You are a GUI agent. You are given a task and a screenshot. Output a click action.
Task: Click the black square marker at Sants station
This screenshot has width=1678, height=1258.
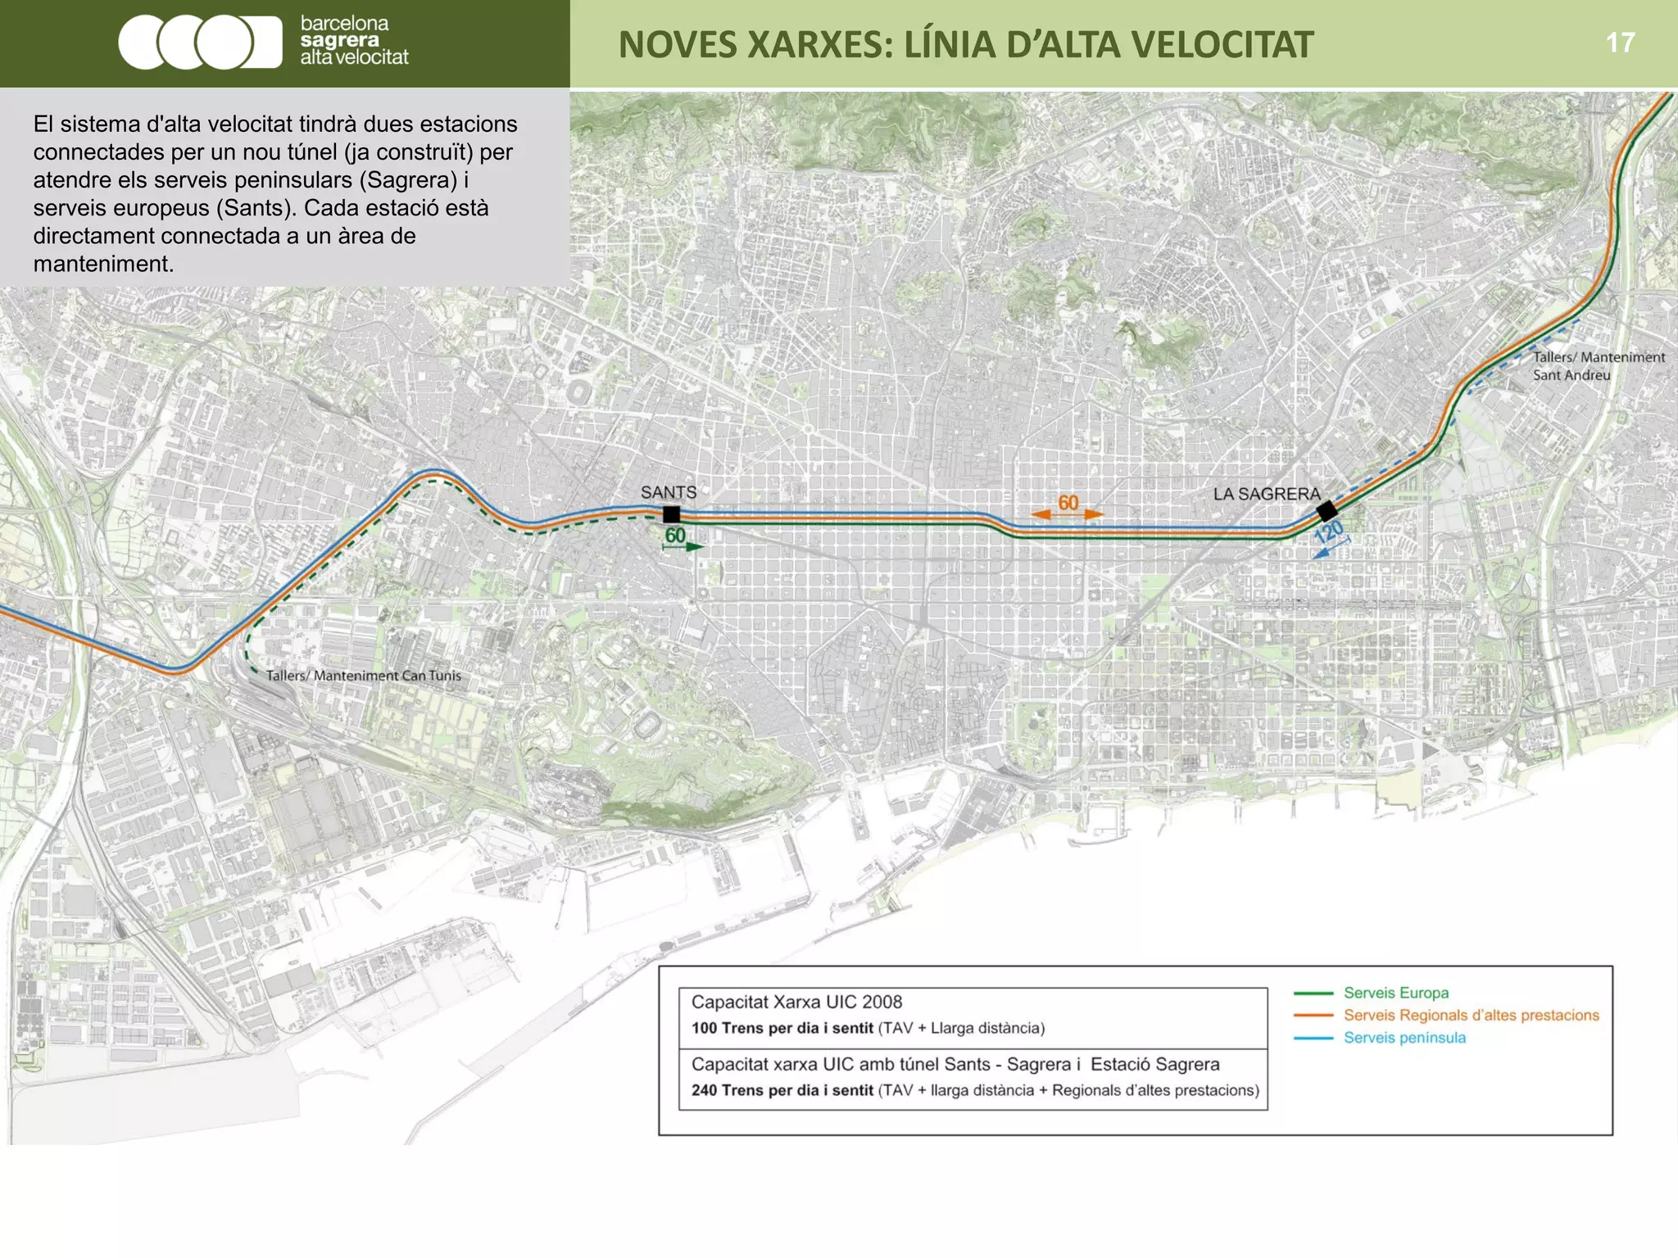click(x=671, y=514)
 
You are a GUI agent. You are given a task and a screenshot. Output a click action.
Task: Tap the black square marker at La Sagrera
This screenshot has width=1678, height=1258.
click(x=1327, y=512)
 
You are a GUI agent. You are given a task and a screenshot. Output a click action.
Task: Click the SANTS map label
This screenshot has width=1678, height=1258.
click(x=669, y=492)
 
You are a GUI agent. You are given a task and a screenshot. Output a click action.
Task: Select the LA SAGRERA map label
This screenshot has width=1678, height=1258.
click(x=1267, y=494)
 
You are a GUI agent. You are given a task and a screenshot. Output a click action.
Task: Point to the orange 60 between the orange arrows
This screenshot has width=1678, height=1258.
click(x=1068, y=503)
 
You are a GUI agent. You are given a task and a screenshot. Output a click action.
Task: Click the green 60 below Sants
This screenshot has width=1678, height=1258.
click(x=675, y=536)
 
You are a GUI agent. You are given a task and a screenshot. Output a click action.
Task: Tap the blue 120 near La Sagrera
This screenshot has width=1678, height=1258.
click(x=1329, y=532)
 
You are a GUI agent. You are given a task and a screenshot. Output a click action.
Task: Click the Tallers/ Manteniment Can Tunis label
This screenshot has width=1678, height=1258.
click(x=363, y=676)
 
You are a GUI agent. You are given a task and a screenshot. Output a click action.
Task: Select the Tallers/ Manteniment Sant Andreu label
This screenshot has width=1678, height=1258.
click(x=1598, y=366)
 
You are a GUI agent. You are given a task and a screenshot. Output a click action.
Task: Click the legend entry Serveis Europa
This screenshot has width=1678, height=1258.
click(x=1395, y=993)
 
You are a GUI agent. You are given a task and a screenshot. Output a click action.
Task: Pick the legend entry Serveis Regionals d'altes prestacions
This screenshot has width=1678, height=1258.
click(x=1471, y=1016)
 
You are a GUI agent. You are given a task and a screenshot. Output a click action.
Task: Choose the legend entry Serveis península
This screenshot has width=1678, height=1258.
click(x=1404, y=1038)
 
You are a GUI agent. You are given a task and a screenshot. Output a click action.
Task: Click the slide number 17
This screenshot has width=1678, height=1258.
click(x=1620, y=43)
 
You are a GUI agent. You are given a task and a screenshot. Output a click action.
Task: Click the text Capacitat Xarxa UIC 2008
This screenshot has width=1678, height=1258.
click(x=796, y=1002)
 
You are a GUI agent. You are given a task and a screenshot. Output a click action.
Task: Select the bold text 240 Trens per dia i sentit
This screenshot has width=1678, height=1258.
click(x=782, y=1090)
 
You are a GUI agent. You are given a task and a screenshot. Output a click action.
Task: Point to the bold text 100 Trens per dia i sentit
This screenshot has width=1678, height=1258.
click(x=782, y=1028)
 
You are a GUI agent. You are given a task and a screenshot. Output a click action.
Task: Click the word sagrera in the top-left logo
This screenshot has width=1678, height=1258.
click(x=339, y=40)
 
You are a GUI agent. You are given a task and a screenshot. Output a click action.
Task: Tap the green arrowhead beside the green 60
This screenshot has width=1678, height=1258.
click(x=695, y=546)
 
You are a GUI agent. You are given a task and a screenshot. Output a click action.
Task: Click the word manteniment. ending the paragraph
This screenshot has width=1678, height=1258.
click(x=103, y=264)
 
